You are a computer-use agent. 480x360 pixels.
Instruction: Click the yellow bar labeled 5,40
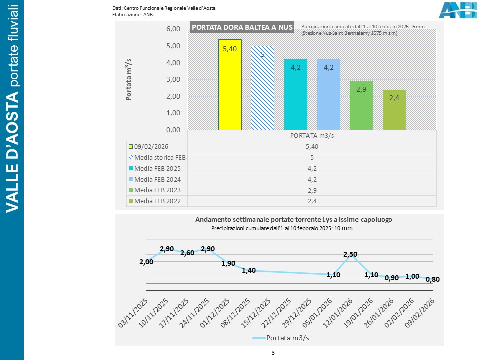pos(230,85)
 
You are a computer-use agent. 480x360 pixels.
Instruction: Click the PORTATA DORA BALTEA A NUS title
pos(242,27)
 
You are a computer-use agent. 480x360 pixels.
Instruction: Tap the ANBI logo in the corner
pos(457,10)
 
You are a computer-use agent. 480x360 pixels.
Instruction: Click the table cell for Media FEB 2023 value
pos(312,190)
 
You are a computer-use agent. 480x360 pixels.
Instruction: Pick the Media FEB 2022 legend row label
pos(157,201)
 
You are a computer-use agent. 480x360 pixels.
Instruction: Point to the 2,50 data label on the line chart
pos(350,255)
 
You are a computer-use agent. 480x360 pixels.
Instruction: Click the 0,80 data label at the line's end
pos(432,280)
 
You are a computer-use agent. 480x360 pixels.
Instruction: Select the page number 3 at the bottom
pos(273,353)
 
